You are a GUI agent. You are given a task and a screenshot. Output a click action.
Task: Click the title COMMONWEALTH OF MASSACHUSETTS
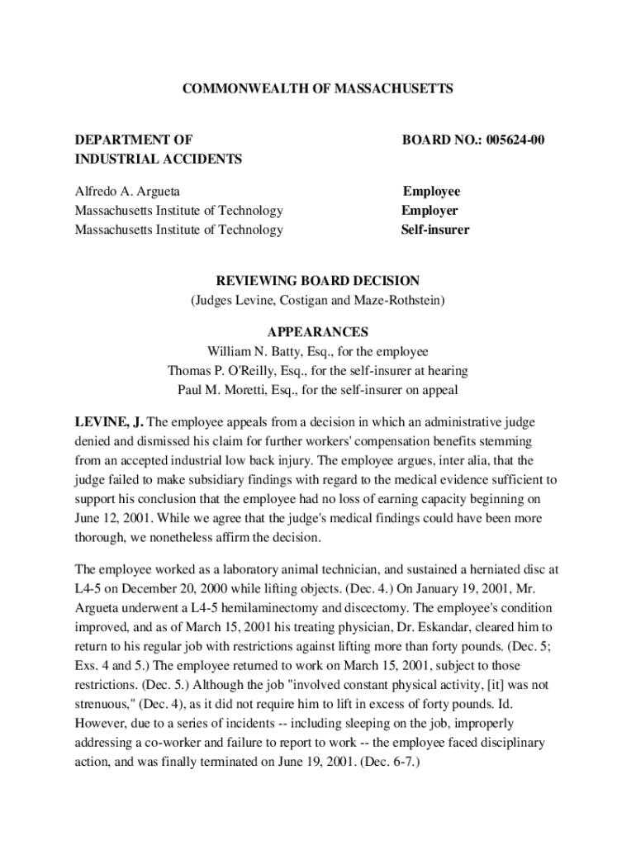(318, 88)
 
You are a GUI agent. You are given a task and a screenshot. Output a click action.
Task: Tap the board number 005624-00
(515, 140)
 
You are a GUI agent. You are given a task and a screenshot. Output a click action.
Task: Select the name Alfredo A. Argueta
(127, 192)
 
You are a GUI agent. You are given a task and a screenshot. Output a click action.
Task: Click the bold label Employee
(431, 192)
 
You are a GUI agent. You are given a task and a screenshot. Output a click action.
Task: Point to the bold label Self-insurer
(435, 230)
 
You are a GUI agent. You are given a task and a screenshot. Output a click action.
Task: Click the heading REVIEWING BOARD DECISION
(318, 281)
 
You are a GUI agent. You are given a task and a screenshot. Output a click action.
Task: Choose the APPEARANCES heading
(318, 332)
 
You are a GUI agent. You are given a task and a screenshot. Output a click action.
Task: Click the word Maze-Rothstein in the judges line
(399, 300)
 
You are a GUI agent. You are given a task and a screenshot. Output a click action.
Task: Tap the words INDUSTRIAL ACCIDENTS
(159, 159)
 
